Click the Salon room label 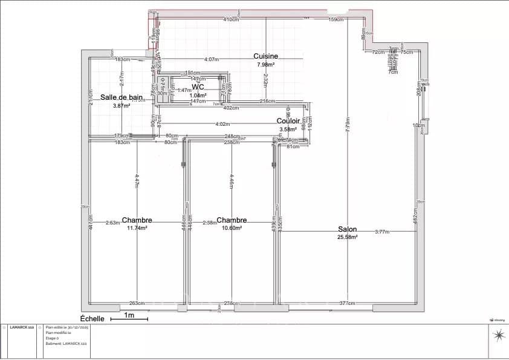(x=347, y=229)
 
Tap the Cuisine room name (x=265, y=56)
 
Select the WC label (x=198, y=87)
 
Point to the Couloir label (x=288, y=121)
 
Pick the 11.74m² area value (x=137, y=228)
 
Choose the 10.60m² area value (x=232, y=228)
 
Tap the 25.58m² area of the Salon (x=347, y=237)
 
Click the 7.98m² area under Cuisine (x=266, y=64)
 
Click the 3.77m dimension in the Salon (x=382, y=232)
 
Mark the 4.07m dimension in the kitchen (x=211, y=59)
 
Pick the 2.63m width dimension (x=112, y=222)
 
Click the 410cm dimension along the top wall (x=230, y=19)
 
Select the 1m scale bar (x=129, y=316)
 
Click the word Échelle (x=92, y=318)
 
